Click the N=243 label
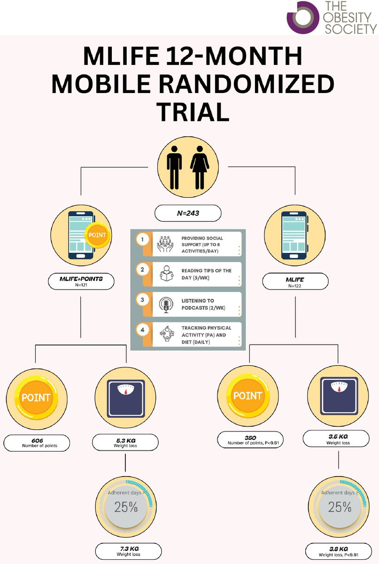tap(188, 213)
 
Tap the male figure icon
tap(174, 168)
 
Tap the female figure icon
tap(200, 168)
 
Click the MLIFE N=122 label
tap(295, 282)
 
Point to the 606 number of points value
tap(37, 443)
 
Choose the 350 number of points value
tap(250, 440)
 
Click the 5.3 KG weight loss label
tap(125, 442)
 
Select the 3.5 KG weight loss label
tap(336, 439)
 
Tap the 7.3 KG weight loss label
tap(128, 551)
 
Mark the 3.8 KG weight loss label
tap(339, 551)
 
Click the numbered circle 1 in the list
tap(142, 239)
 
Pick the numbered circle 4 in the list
tap(142, 329)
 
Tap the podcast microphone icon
tap(166, 305)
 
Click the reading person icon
tap(167, 274)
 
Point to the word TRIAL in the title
tap(193, 112)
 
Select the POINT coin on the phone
tap(97, 235)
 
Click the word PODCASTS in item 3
tap(194, 308)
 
